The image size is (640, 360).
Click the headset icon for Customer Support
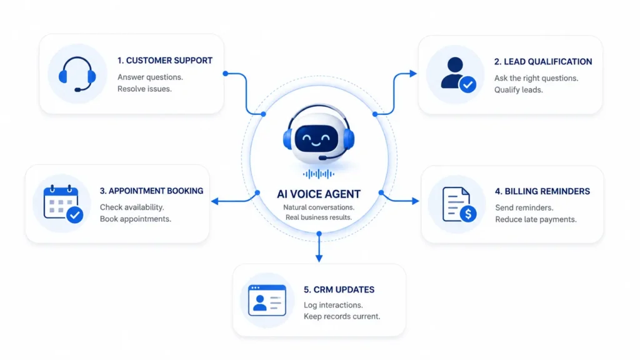click(x=77, y=74)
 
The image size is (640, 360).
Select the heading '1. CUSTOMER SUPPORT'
click(x=165, y=61)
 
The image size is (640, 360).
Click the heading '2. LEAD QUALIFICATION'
click(x=543, y=62)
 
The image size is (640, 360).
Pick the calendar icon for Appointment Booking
click(x=63, y=204)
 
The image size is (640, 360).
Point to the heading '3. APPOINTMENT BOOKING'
click(x=151, y=191)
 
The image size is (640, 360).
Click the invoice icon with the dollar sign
click(x=459, y=204)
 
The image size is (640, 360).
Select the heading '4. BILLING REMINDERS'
click(x=542, y=191)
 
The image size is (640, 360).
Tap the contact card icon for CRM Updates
click(x=267, y=301)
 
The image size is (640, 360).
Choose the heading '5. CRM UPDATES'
click(x=339, y=290)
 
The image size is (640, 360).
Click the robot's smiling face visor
click(x=317, y=139)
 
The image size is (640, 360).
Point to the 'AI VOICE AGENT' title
click(x=319, y=194)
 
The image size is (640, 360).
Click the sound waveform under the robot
click(x=319, y=174)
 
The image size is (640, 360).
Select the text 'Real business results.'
click(x=318, y=217)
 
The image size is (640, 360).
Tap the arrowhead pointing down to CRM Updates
click(x=319, y=258)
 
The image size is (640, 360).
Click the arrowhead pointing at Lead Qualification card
click(x=413, y=74)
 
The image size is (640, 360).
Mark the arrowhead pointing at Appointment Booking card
click(x=215, y=201)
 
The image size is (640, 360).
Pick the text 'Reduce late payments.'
click(x=536, y=219)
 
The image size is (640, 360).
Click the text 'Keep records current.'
click(x=342, y=316)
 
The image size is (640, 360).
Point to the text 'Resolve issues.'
click(x=144, y=89)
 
